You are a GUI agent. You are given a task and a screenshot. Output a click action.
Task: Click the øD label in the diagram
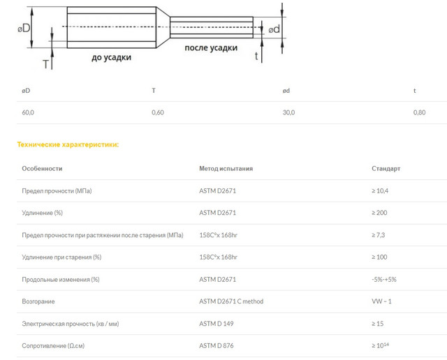24,28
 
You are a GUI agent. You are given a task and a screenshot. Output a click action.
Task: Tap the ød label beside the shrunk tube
274,29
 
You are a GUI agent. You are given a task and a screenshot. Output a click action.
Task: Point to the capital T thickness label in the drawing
45,64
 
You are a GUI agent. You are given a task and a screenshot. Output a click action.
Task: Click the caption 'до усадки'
112,57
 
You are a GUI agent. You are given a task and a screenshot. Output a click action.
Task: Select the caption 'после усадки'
211,48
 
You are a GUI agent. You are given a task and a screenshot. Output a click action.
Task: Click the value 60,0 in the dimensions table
28,112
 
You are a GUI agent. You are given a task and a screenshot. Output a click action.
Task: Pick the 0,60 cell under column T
158,112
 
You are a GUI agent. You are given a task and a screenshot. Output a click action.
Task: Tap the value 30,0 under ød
288,112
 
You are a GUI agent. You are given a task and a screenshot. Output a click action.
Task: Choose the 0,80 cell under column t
419,112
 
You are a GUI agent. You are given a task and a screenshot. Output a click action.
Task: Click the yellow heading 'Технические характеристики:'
68,144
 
